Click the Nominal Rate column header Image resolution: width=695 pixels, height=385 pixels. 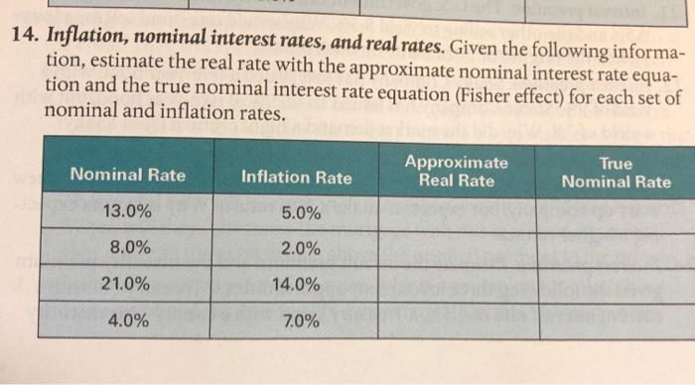click(x=127, y=176)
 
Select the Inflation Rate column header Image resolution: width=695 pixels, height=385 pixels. click(x=296, y=178)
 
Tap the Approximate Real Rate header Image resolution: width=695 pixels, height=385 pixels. click(x=457, y=172)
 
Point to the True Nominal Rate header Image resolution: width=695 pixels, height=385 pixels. click(x=616, y=172)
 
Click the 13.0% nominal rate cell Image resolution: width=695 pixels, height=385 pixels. click(x=127, y=211)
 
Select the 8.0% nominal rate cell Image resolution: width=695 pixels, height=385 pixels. click(x=127, y=248)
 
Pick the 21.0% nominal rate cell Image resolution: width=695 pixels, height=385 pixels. click(x=127, y=285)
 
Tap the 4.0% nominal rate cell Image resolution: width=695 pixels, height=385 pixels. click(x=127, y=321)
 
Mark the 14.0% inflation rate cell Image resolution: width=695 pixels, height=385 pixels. click(x=296, y=285)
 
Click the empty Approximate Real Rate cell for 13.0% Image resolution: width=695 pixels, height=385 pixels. click(x=457, y=212)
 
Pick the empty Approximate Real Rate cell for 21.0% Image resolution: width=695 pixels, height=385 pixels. click(x=457, y=285)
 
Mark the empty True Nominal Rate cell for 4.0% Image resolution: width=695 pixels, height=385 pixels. click(x=616, y=321)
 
